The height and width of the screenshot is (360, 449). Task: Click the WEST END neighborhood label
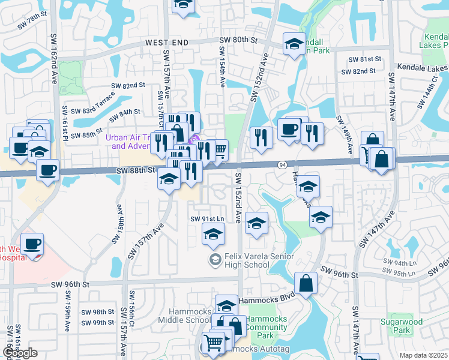[166, 43]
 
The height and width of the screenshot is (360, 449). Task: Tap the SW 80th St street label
[238, 40]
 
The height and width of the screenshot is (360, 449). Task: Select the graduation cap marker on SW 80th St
[294, 44]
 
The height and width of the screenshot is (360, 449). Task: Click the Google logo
[20, 353]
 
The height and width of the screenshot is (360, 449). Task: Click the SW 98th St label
[98, 312]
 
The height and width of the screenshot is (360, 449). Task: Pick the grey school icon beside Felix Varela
[214, 260]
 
